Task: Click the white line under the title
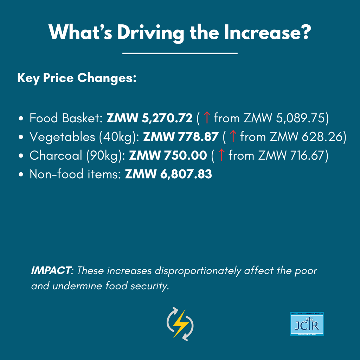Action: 180,53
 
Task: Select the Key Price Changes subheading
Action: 77,78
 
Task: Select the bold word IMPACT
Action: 51,271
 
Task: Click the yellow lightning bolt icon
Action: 180,324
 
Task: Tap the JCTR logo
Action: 307,324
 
